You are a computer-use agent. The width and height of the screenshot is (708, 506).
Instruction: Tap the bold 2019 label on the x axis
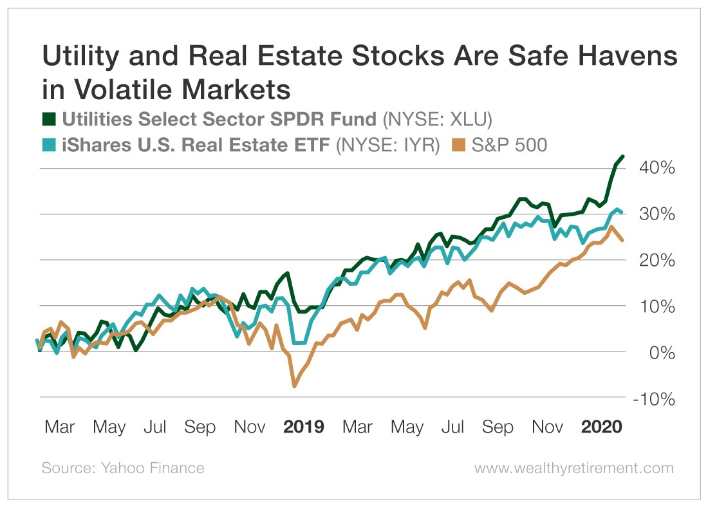[x=304, y=427]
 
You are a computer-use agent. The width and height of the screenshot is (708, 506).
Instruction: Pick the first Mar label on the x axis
[x=60, y=427]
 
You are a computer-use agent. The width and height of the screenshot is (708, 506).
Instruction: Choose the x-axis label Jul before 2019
[x=155, y=427]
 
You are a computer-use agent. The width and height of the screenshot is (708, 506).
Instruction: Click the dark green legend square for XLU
[x=49, y=119]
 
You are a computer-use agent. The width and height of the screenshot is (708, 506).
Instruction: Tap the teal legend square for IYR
[x=49, y=146]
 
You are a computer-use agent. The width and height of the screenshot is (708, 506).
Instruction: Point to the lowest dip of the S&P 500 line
[x=295, y=386]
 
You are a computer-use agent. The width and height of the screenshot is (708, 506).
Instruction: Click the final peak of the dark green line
[x=622, y=157]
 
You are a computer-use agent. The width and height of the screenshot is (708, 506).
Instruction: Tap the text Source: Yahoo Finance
[x=123, y=468]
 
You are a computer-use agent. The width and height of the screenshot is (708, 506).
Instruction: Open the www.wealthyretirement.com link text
[x=574, y=468]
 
